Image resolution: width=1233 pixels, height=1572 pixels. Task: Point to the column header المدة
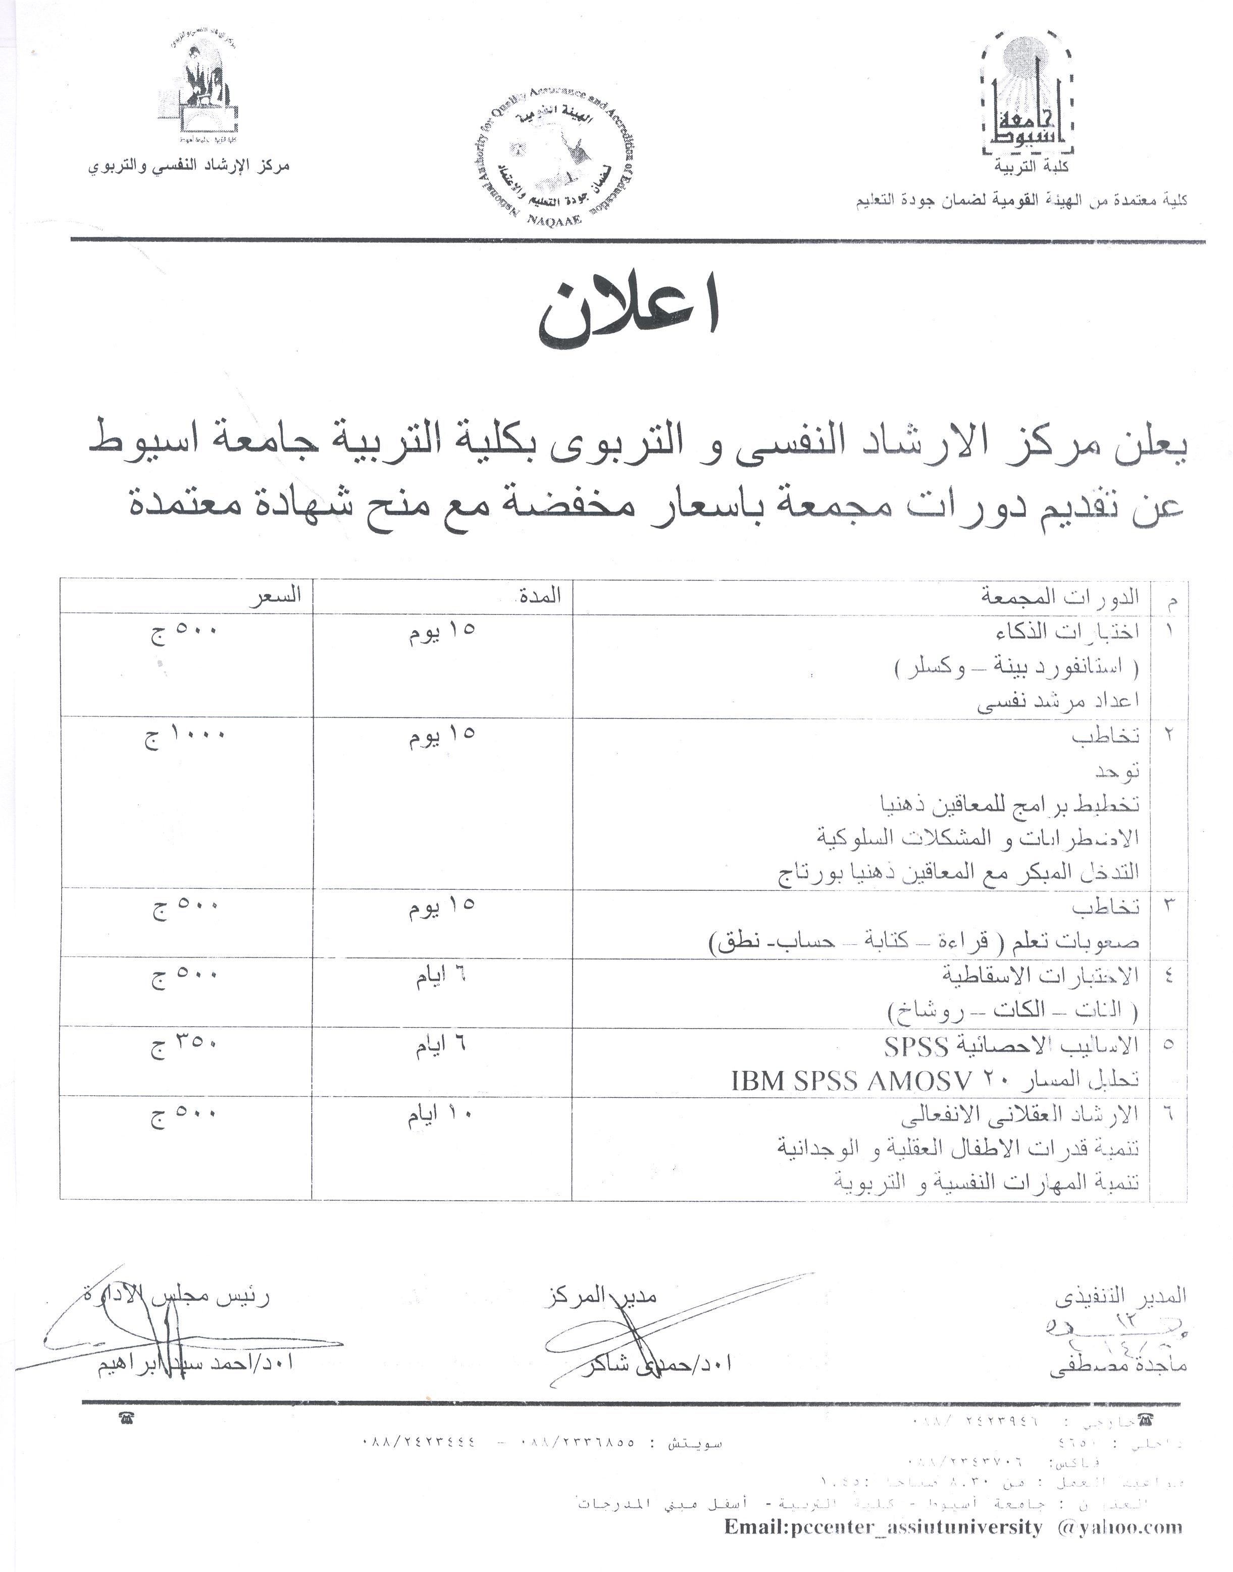[x=540, y=596]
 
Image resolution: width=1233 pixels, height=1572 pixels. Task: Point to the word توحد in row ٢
[x=1117, y=771]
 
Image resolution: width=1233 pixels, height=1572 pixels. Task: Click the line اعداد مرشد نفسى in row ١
[x=1058, y=701]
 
